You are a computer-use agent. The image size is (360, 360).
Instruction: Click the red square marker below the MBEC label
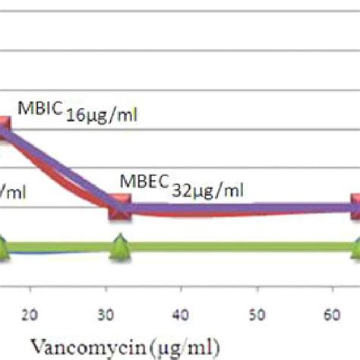click(120, 207)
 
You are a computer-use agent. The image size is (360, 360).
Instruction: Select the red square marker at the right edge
click(355, 207)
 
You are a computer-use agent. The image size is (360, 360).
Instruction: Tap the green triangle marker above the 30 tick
click(119, 248)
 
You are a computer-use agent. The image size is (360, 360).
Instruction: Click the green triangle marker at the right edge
click(355, 248)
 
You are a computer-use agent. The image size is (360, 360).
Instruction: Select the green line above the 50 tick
click(257, 247)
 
